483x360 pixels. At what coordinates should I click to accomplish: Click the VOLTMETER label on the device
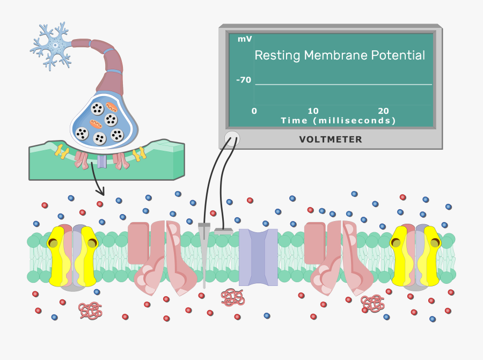[x=331, y=139]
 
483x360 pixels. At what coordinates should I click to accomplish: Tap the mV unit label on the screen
[x=245, y=39]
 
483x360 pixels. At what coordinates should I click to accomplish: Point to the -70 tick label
[x=244, y=80]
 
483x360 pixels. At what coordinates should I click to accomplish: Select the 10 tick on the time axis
[x=313, y=111]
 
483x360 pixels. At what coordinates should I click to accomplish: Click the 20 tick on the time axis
[x=384, y=111]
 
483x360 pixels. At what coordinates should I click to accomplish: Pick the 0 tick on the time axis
[x=254, y=111]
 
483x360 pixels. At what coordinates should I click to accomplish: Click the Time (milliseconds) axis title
[x=338, y=120]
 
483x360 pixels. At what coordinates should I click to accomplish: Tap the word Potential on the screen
[x=398, y=55]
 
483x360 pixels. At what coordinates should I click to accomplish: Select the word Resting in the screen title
[x=277, y=56]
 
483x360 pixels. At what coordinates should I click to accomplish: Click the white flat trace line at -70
[x=343, y=84]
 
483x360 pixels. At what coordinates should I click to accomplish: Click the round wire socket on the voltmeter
[x=232, y=139]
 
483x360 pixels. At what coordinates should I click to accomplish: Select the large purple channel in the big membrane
[x=259, y=257]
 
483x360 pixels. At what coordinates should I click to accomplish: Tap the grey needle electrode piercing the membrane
[x=204, y=255]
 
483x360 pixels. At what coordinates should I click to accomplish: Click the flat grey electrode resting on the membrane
[x=224, y=231]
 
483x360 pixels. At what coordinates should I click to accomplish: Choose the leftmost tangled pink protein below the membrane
[x=90, y=311]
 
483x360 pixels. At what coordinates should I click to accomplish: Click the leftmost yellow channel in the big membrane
[x=72, y=256]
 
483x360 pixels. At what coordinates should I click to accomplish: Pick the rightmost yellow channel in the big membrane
[x=415, y=256]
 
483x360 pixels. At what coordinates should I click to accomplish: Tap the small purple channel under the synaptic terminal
[x=102, y=161]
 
